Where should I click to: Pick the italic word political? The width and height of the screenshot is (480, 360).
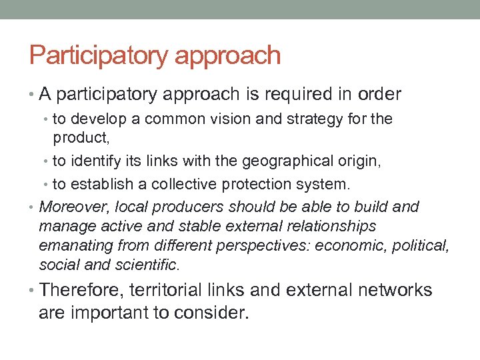click(x=423, y=246)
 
